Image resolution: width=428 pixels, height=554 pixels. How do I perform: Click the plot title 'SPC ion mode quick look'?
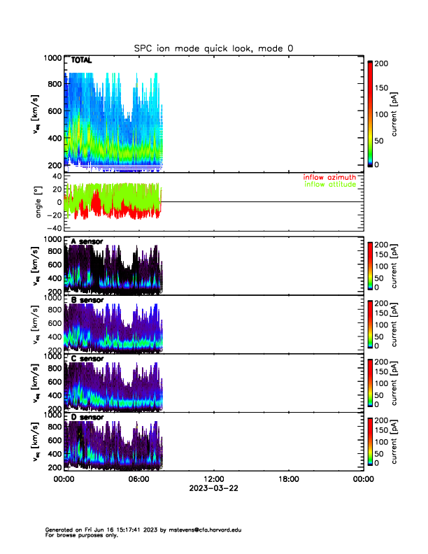pos(213,48)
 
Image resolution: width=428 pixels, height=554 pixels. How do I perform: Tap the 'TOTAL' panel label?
pos(82,61)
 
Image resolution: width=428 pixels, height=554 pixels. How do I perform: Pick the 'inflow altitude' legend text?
pos(331,185)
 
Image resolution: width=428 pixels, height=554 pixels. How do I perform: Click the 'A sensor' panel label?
pos(87,242)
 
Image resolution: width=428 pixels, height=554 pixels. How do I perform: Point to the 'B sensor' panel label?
pos(87,301)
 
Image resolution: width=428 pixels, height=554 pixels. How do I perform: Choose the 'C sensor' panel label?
pos(87,359)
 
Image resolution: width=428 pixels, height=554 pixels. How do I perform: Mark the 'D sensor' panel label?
pos(87,418)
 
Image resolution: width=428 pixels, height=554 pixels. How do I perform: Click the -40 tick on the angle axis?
pos(53,228)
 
